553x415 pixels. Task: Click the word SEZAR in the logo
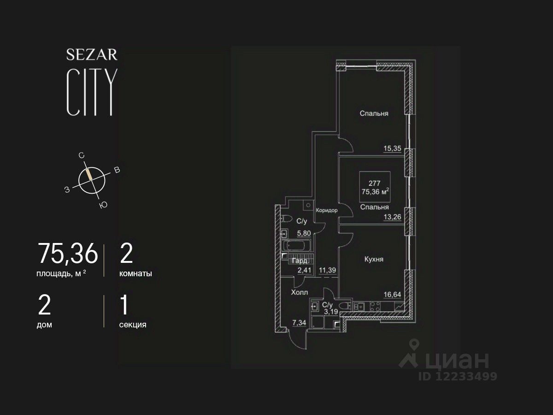[92, 55]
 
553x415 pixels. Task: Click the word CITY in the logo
[90, 92]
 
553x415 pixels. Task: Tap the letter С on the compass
[82, 156]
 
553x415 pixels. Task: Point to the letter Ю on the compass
[103, 206]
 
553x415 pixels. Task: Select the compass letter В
[117, 170]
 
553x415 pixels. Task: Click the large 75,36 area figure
[68, 254]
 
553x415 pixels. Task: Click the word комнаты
[135, 273]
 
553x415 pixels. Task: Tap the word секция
[133, 325]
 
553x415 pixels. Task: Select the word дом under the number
[44, 325]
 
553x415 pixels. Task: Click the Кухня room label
[374, 259]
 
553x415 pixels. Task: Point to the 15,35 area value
[392, 148]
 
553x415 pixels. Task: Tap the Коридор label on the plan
[327, 210]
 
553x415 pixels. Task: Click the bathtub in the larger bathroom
[296, 246]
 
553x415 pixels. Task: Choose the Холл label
[300, 292]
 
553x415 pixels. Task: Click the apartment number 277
[374, 183]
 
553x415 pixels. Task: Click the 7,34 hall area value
[300, 322]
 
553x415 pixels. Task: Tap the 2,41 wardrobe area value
[304, 270]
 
